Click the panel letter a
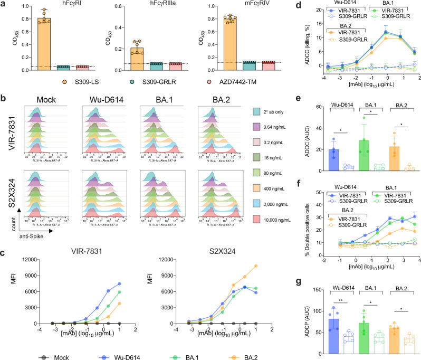point(4,5)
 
